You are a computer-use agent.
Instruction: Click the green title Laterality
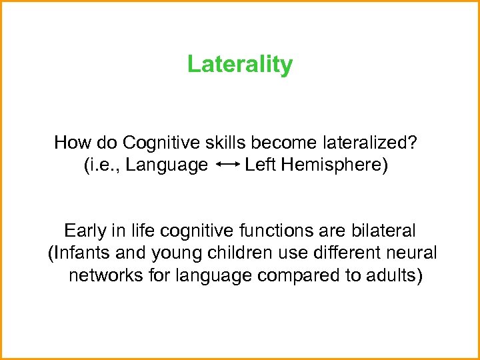click(x=239, y=65)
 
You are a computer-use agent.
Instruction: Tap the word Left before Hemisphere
click(x=261, y=165)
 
